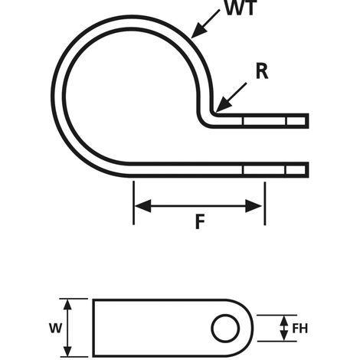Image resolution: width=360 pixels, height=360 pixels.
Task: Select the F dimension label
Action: pos(199,223)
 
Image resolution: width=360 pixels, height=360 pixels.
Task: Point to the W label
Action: pos(54,328)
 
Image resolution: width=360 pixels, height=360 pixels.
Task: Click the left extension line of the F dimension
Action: pos(134,203)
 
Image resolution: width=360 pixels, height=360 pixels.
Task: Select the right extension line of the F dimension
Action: pos(265,203)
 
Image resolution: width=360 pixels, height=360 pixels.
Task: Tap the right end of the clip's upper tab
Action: pos(307,121)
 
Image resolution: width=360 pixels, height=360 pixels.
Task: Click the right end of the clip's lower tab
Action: pos(307,169)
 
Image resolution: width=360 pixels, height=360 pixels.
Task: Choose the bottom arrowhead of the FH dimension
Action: pos(284,339)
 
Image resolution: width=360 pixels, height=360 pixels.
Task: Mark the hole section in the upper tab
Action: pos(264,121)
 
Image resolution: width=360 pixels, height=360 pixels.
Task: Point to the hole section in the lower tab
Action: pos(264,169)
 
